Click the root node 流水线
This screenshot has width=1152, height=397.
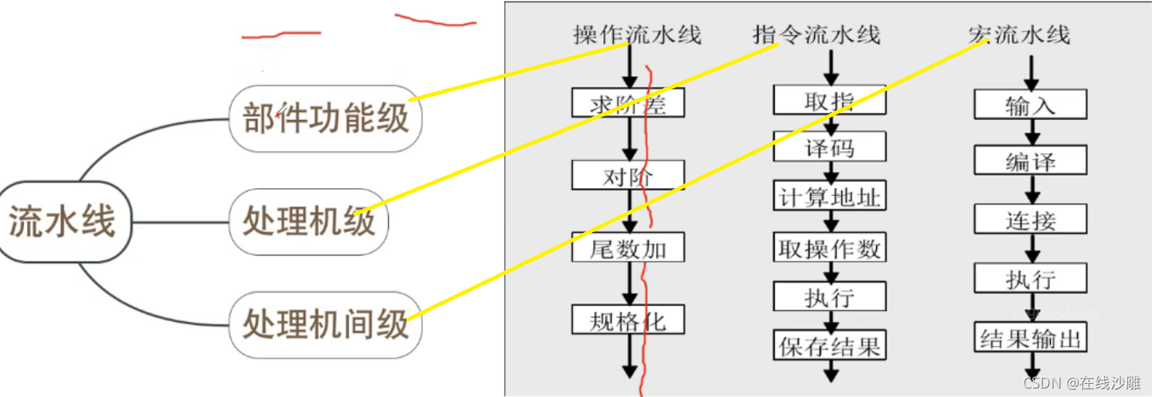click(x=62, y=223)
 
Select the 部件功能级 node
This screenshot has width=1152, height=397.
click(x=325, y=118)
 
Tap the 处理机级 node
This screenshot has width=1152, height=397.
click(x=309, y=222)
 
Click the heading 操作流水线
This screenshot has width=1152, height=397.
click(x=636, y=35)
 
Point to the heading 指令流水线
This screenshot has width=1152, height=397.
click(x=816, y=35)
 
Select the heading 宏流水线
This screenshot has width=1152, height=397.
click(x=1018, y=35)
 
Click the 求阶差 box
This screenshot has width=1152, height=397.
click(x=629, y=103)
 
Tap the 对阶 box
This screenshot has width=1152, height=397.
click(x=629, y=176)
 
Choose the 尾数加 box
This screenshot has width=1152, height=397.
click(x=629, y=248)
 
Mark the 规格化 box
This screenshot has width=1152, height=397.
click(x=629, y=320)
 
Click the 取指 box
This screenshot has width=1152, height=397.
click(x=830, y=101)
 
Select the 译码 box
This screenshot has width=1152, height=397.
click(x=830, y=147)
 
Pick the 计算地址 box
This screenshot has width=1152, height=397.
click(x=830, y=197)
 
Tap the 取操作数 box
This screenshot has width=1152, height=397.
click(x=830, y=248)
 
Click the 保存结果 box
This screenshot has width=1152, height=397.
click(x=830, y=345)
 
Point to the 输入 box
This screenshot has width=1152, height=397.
click(x=1030, y=104)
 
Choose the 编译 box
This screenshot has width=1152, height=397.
click(x=1030, y=161)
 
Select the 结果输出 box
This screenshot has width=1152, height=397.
click(x=1030, y=338)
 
